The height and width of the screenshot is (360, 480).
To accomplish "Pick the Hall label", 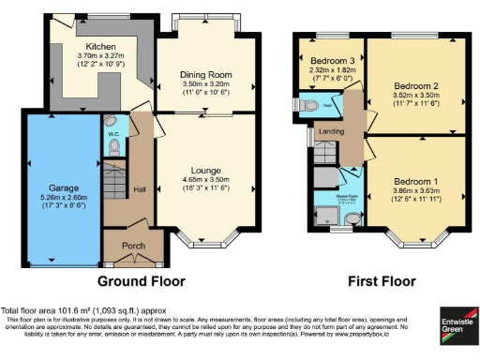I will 139,187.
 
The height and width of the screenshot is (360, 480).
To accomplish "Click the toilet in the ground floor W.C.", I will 112,123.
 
